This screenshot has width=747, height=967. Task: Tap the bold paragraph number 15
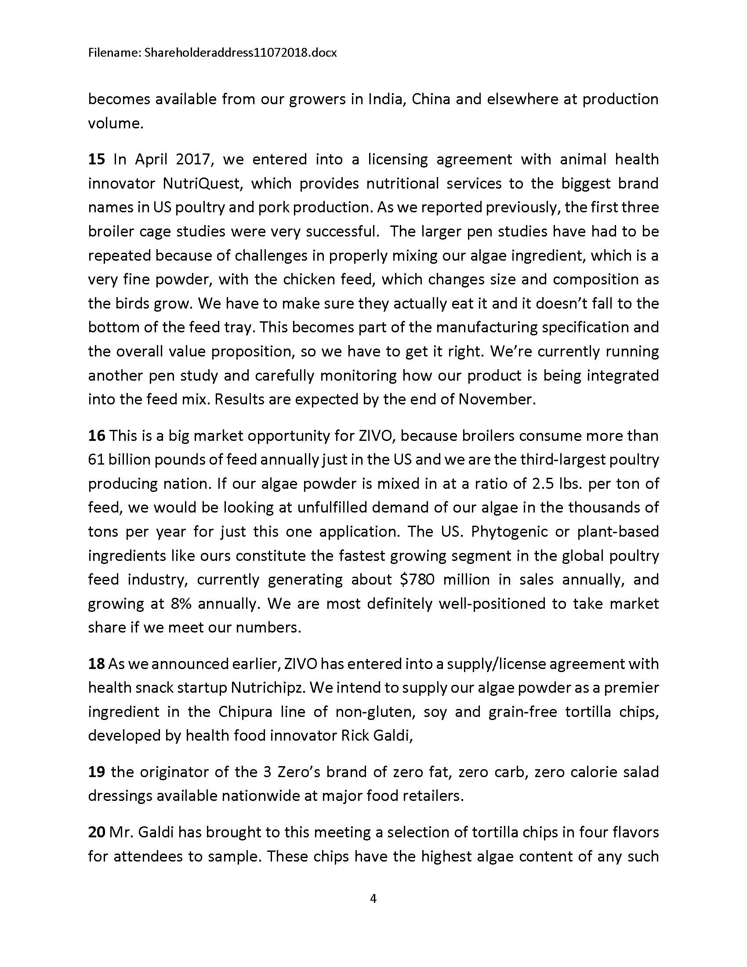point(97,159)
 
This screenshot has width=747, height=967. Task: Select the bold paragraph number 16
point(97,436)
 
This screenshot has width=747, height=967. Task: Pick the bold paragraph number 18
point(97,664)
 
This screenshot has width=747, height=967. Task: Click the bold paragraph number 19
point(97,772)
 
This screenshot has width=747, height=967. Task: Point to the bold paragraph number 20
point(97,832)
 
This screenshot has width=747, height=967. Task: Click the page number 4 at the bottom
point(373,899)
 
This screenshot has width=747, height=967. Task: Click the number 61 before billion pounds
point(96,460)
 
